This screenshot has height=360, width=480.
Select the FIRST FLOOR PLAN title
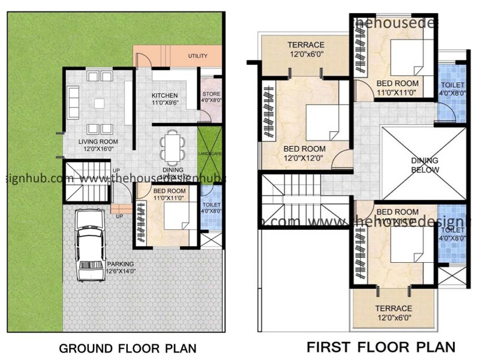(x=380, y=347)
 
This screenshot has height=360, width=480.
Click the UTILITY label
(x=197, y=56)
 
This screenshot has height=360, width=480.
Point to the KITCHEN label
(x=164, y=95)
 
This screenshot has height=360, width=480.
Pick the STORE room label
(x=211, y=94)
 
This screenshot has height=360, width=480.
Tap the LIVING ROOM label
(x=98, y=142)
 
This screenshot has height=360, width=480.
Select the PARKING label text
(x=120, y=263)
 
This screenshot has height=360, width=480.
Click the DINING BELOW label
(x=425, y=165)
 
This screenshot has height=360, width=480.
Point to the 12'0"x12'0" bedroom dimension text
(x=305, y=158)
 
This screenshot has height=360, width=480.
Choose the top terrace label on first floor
(x=306, y=45)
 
